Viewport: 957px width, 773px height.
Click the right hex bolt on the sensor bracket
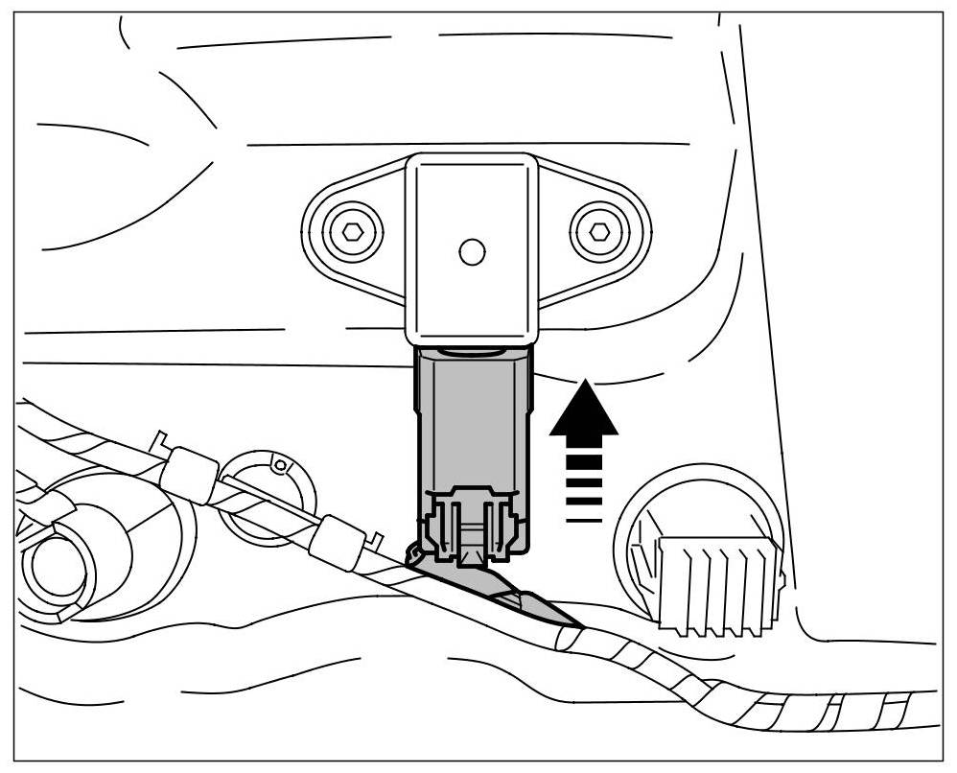pyautogui.click(x=598, y=231)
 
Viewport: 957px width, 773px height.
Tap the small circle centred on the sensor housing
pyautogui.click(x=470, y=251)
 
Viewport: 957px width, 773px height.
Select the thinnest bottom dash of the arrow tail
pyautogui.click(x=583, y=521)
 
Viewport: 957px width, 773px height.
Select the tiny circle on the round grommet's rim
pyautogui.click(x=279, y=466)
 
